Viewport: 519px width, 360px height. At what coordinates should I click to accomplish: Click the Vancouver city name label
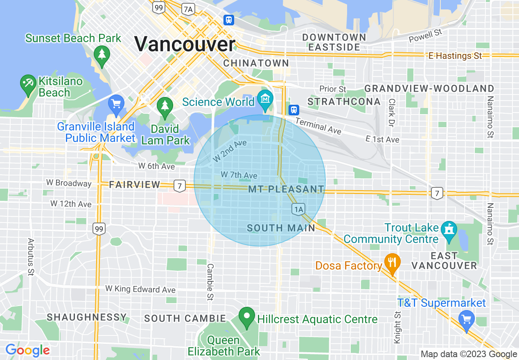(185, 44)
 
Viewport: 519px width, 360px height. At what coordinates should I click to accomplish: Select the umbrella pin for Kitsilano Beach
(28, 84)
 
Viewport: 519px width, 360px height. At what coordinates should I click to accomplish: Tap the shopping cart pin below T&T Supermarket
(466, 319)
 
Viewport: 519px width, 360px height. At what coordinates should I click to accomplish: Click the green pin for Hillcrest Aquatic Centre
(247, 317)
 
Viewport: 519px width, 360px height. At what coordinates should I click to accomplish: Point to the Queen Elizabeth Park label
(223, 346)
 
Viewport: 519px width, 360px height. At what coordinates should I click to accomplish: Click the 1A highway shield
(298, 209)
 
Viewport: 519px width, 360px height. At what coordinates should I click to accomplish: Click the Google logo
(27, 351)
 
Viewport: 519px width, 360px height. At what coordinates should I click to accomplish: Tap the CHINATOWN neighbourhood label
(256, 63)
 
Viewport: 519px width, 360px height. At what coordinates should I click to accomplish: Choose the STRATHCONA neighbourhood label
(344, 101)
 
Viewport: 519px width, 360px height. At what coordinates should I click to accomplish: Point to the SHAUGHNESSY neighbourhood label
(87, 317)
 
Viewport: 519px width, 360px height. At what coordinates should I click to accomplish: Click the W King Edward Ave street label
(140, 289)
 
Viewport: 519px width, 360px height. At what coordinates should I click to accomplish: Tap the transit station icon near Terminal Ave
(293, 110)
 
